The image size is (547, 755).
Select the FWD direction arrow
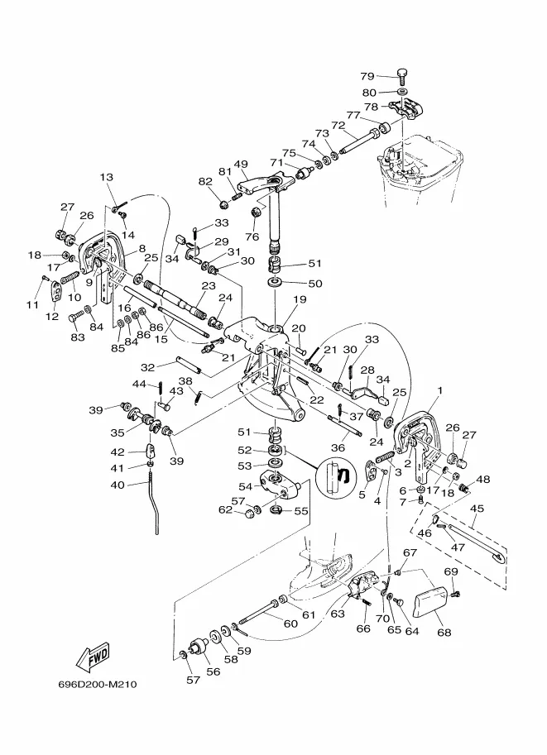92,655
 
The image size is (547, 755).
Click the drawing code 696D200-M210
98,685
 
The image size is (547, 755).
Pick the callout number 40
118,485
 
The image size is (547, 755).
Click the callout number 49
242,164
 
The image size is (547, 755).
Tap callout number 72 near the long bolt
338,127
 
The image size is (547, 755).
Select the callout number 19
299,299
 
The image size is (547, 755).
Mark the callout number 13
107,178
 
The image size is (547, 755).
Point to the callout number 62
225,510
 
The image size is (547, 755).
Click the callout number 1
440,390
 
